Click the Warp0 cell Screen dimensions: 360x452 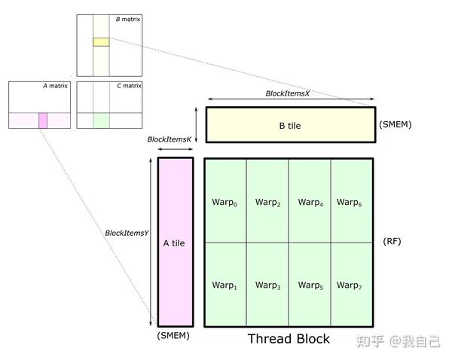(225, 201)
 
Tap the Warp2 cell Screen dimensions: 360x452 (267, 201)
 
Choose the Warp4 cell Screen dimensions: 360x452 (310, 201)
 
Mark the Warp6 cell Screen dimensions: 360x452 (351, 201)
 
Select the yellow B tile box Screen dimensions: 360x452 (289, 125)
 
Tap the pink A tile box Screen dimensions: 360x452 (175, 243)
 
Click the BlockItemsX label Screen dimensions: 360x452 (288, 93)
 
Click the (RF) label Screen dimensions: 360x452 (392, 241)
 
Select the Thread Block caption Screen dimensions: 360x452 (289, 339)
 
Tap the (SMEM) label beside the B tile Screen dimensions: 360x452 (395, 124)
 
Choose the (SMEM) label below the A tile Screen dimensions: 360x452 (173, 336)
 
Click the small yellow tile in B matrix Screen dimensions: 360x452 (101, 41)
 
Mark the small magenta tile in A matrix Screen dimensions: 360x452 (43, 120)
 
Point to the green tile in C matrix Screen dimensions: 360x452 (101, 120)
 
